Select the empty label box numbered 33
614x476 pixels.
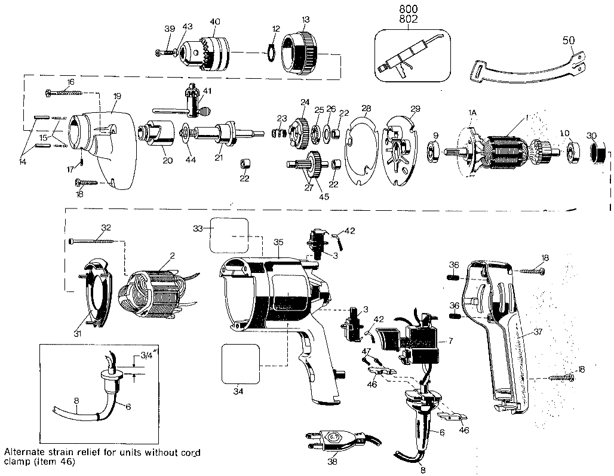coord(228,235)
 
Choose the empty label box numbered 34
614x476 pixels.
coord(241,364)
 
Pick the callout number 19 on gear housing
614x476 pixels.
coord(117,96)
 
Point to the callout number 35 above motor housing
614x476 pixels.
coord(278,242)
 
